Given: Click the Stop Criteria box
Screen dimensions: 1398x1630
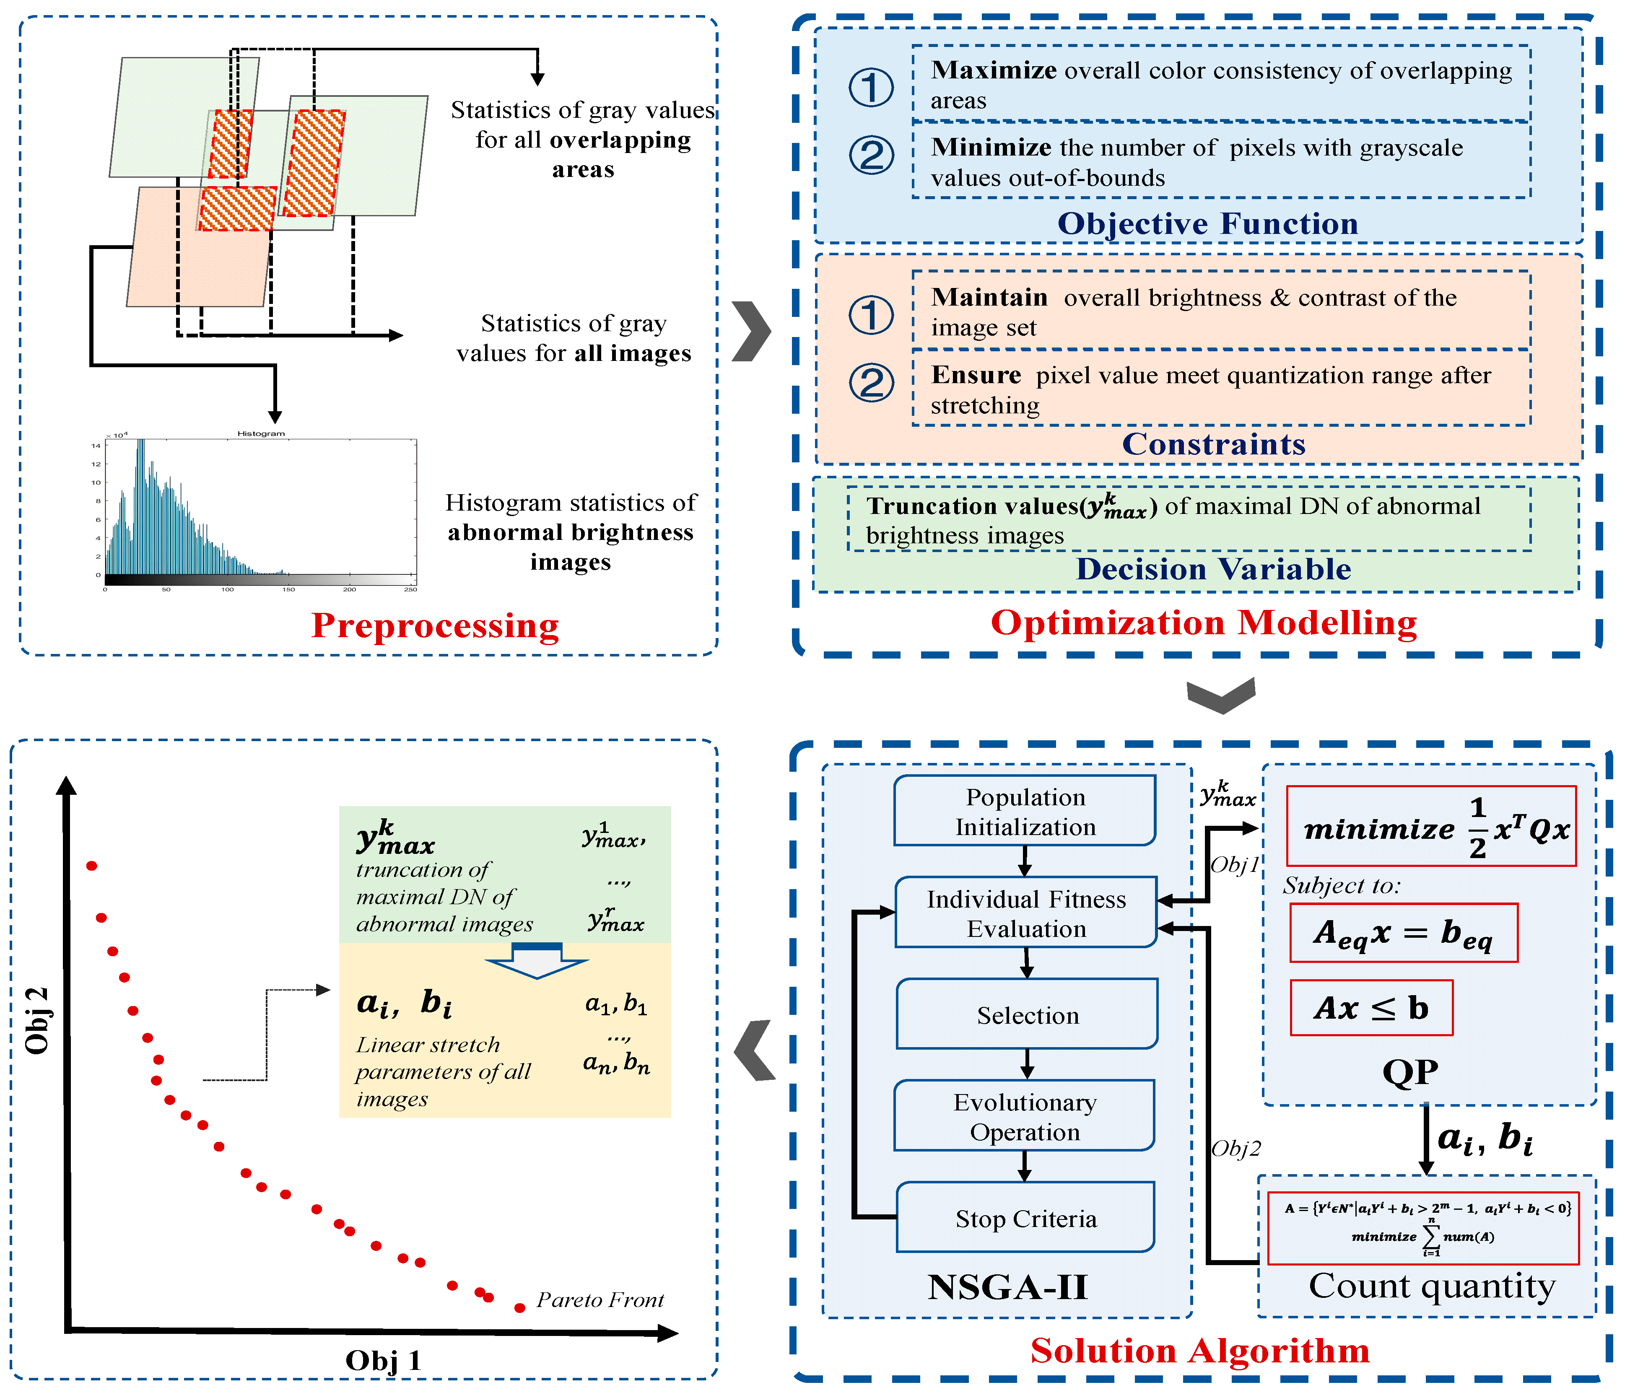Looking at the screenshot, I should (x=1025, y=1218).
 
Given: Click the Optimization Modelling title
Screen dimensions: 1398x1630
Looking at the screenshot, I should (x=1204, y=622).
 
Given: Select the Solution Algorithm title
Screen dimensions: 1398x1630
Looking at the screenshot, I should (x=1200, y=1351).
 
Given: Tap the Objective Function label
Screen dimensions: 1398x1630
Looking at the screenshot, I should (x=1207, y=223).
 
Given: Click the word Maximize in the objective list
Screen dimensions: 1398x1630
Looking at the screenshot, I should (x=994, y=70).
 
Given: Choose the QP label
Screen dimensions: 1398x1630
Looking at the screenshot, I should (x=1410, y=1071).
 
